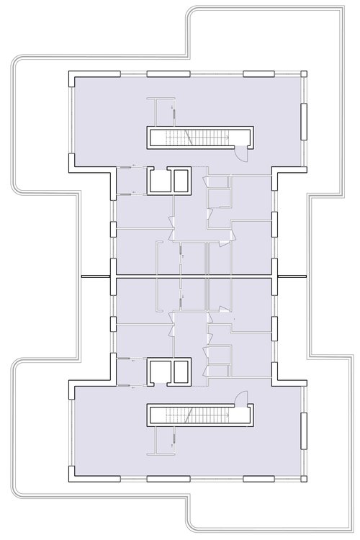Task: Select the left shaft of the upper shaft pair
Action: (x=158, y=181)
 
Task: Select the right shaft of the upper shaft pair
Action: (x=180, y=181)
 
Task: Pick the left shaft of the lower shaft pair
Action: (x=158, y=372)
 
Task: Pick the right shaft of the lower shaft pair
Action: (x=180, y=372)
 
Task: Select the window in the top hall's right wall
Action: (x=304, y=119)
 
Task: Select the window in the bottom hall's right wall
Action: (x=304, y=432)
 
